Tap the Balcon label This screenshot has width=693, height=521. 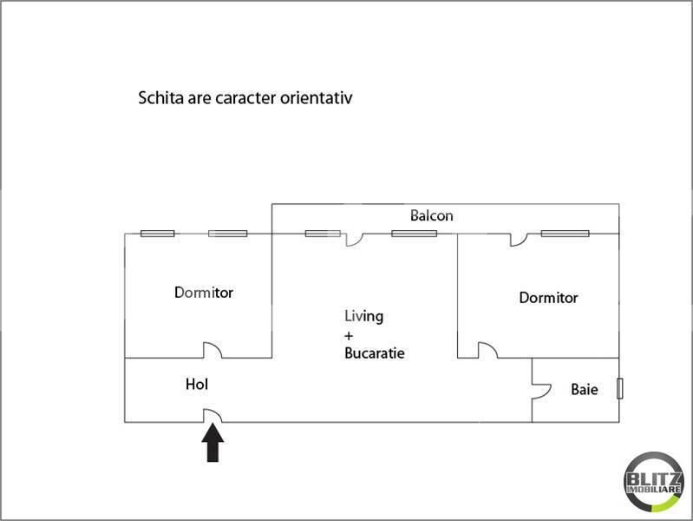click(x=432, y=215)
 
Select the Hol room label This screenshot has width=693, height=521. click(x=197, y=383)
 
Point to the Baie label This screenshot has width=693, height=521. click(x=584, y=390)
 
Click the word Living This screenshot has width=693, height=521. click(x=363, y=317)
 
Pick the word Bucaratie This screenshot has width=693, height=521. click(x=375, y=353)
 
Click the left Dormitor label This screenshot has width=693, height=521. click(x=203, y=293)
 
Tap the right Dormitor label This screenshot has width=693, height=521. click(x=548, y=298)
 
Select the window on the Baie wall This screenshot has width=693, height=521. click(x=619, y=388)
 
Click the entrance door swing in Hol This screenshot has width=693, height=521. click(x=212, y=417)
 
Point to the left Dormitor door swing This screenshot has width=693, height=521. click(x=212, y=350)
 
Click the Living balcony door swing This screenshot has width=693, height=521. click(x=354, y=239)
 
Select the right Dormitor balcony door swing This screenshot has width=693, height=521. click(x=519, y=239)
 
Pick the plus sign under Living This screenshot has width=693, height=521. click(x=349, y=335)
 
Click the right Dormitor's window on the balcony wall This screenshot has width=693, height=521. click(x=565, y=234)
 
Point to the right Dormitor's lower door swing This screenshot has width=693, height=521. click(x=487, y=350)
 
